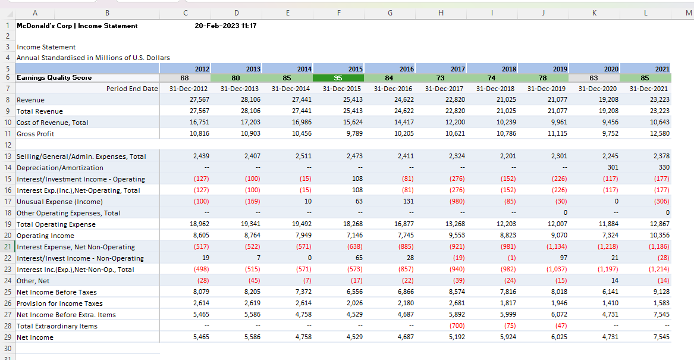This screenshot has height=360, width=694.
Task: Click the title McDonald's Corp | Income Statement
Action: point(77,26)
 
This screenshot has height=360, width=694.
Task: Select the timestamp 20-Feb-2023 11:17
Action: point(225,26)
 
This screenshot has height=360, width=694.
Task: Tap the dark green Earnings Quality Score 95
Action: point(338,78)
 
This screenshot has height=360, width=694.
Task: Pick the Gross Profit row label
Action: point(36,134)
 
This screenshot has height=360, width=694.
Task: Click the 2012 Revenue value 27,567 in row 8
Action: point(199,99)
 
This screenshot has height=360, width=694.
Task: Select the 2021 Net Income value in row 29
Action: point(660,337)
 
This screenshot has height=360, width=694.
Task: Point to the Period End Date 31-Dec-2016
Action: point(392,89)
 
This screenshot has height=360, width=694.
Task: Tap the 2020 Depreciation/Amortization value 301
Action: point(613,167)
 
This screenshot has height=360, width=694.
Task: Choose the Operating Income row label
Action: point(45,236)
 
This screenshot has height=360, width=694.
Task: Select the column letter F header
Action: point(338,13)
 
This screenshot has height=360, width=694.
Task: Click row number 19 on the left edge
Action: point(8,224)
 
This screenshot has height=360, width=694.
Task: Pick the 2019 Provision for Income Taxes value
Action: point(559,303)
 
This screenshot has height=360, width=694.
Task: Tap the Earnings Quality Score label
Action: point(54,78)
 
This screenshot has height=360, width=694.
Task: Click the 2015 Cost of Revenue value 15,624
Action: point(353,122)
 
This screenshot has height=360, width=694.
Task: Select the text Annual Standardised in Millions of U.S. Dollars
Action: point(93,58)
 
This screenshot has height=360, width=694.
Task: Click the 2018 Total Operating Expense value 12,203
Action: point(506,224)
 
